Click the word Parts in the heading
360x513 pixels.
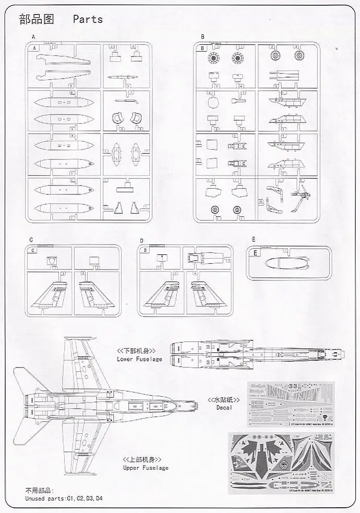point(88,19)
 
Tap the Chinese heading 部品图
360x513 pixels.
point(37,19)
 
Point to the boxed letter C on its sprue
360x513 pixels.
point(33,250)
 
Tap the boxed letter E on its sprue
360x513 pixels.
point(255,253)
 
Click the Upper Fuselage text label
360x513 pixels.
point(146,468)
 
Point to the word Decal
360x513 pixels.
point(224,407)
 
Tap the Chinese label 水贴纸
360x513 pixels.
point(224,399)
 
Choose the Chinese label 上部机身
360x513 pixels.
point(142,459)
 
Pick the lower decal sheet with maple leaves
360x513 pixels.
point(290,461)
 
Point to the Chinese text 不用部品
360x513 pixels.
point(39,491)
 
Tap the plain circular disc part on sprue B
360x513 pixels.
point(212,101)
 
